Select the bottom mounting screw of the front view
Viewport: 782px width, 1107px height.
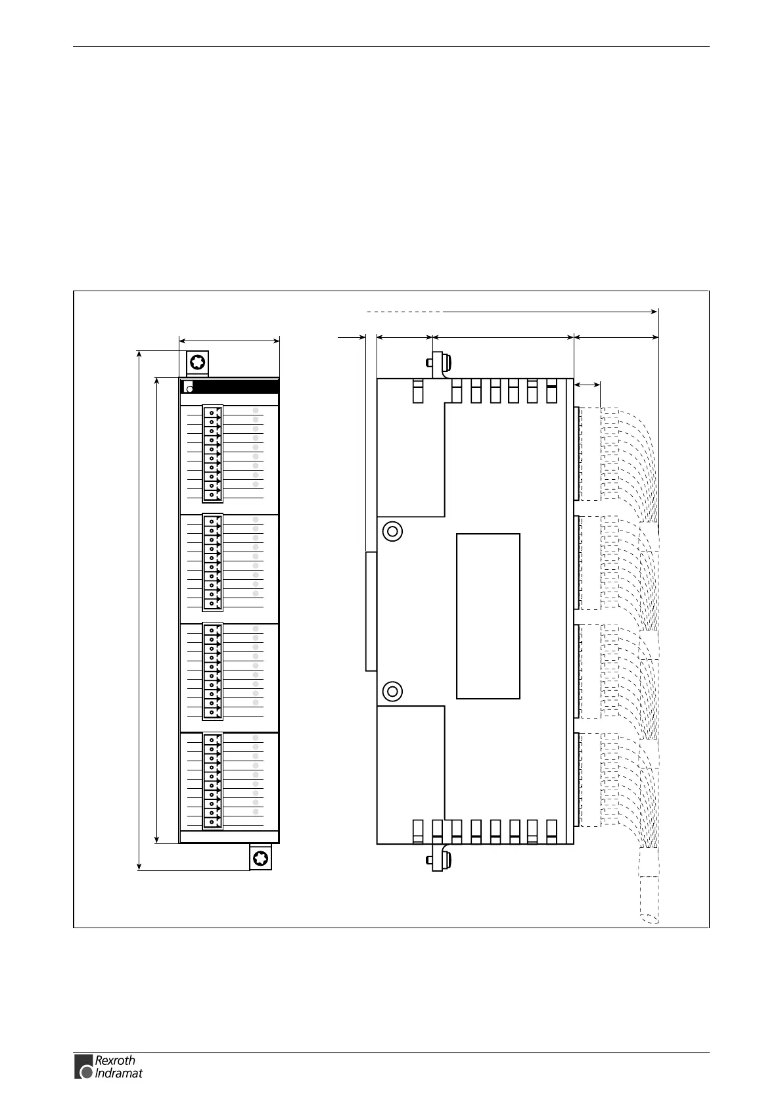point(260,858)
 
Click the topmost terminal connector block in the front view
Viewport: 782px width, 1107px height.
point(212,454)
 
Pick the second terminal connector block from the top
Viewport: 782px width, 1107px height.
point(212,563)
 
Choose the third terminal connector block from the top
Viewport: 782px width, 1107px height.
point(212,671)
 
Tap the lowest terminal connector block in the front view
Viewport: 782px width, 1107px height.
point(212,781)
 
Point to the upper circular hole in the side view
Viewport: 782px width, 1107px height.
point(392,530)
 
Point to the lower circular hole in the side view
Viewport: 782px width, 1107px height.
point(392,691)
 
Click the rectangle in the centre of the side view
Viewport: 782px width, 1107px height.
point(488,615)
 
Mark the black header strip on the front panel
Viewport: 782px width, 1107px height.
point(230,387)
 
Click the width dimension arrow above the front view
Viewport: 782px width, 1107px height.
point(229,341)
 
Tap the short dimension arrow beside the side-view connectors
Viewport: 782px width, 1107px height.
point(587,384)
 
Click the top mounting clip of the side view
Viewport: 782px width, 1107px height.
point(438,364)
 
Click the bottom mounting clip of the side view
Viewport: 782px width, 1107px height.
point(438,858)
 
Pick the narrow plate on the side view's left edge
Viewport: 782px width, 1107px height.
point(371,611)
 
